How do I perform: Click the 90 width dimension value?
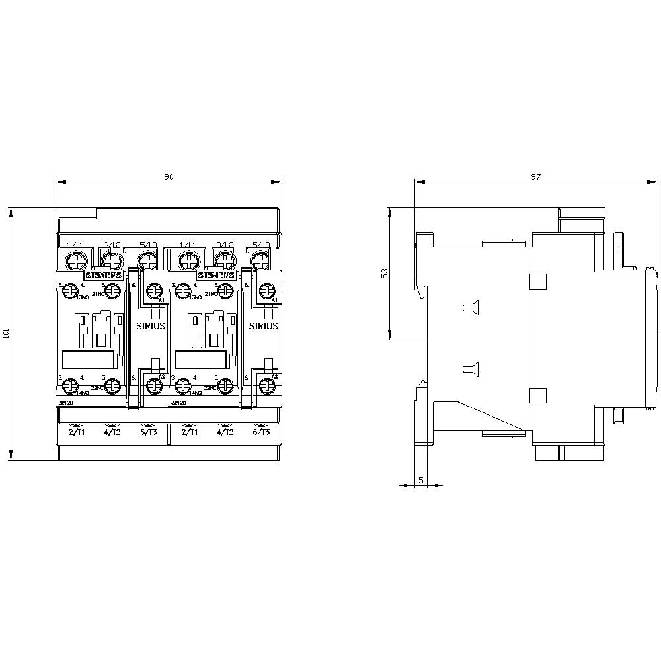click(169, 176)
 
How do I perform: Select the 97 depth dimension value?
click(535, 176)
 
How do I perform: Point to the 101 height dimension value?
click(7, 334)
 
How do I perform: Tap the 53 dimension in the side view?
click(385, 274)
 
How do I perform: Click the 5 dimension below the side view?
click(421, 480)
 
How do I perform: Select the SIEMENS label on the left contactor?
click(102, 275)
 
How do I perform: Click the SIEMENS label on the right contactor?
click(215, 275)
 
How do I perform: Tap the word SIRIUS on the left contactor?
click(151, 327)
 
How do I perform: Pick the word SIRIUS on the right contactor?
click(263, 327)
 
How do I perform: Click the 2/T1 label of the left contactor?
click(77, 432)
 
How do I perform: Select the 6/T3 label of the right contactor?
click(262, 432)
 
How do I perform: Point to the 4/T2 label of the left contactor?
click(113, 432)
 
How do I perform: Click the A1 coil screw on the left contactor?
click(155, 289)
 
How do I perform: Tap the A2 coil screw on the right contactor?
click(268, 383)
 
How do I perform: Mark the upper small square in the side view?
click(538, 281)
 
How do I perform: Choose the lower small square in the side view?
click(538, 395)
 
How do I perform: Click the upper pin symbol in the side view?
click(470, 307)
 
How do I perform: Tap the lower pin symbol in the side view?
click(470, 369)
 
